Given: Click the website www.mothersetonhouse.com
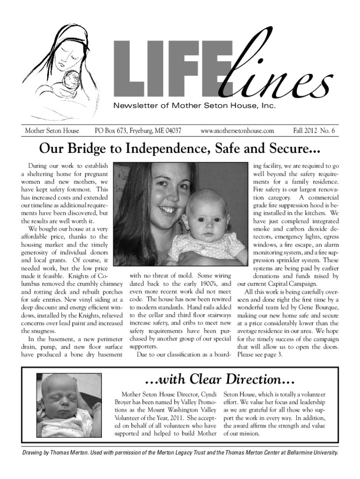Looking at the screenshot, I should click(x=237, y=131).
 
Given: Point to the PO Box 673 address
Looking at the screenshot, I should click(x=138, y=131).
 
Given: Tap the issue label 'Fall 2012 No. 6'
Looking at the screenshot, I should click(x=314, y=131).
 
